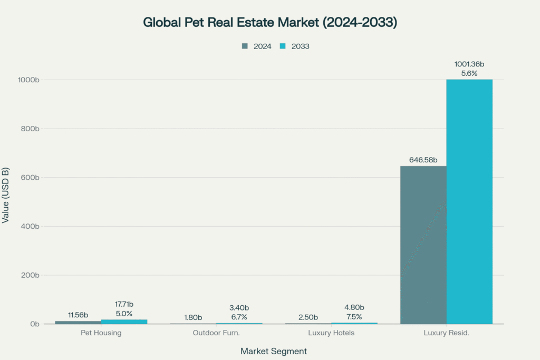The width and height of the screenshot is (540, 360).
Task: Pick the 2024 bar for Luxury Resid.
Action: (x=423, y=245)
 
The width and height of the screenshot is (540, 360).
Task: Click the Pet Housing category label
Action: (x=101, y=333)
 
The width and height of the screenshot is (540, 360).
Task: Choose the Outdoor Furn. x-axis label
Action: (x=216, y=333)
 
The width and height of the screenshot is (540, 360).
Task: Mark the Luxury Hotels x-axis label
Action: (x=331, y=333)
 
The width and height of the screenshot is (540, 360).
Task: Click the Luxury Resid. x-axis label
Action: (x=446, y=333)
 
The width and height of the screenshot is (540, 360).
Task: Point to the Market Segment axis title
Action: (x=273, y=351)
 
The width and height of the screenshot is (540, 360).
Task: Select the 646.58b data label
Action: (x=423, y=160)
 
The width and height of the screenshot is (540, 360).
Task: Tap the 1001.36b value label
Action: (x=469, y=64)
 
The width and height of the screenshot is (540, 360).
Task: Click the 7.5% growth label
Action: (x=354, y=316)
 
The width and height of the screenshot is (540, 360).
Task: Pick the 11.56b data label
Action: (x=78, y=315)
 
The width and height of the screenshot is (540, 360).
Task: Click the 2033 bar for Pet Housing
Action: (x=124, y=322)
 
